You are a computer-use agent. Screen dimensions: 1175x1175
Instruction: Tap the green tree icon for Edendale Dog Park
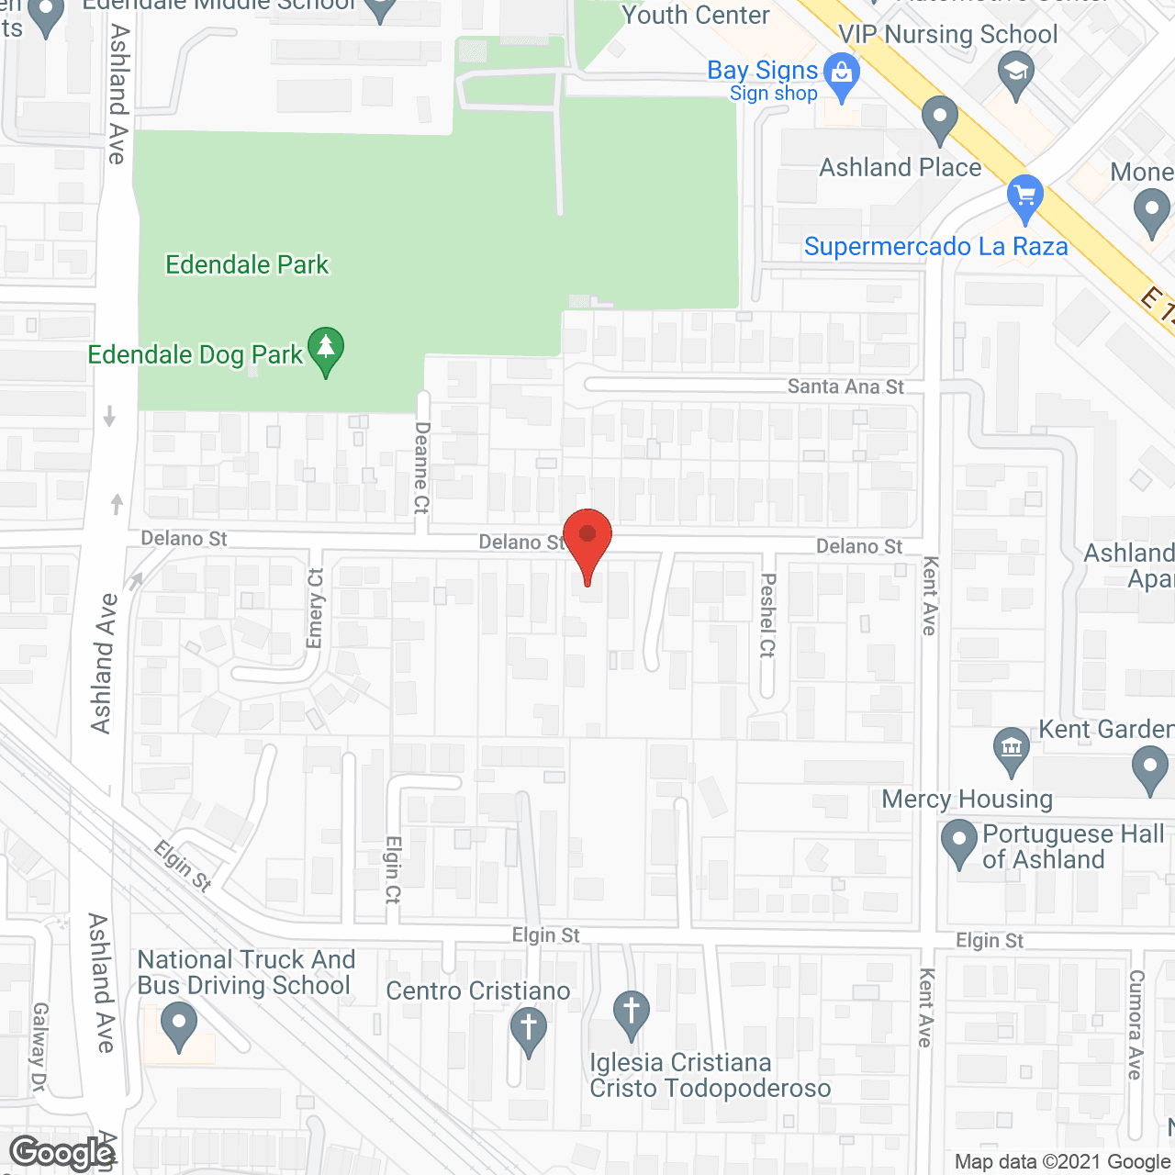coord(325,350)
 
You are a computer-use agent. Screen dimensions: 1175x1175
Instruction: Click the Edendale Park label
coord(247,265)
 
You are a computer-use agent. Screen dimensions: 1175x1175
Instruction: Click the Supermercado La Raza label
coord(935,247)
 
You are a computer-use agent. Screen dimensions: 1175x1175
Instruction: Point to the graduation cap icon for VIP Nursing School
coord(1015,73)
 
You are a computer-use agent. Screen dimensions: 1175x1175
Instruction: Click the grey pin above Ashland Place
coord(939,118)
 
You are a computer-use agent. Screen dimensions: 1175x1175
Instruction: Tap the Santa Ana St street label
coord(845,386)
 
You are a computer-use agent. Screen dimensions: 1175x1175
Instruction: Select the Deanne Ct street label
coord(421,467)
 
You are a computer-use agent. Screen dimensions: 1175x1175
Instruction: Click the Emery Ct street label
coord(316,608)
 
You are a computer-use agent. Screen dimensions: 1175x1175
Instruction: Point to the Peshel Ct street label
coord(768,615)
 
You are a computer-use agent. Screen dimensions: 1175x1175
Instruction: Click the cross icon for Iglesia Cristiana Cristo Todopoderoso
coord(631,1013)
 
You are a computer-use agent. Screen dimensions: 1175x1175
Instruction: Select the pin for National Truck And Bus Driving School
coord(178,1024)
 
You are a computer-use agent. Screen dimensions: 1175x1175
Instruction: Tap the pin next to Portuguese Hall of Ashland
coord(959,843)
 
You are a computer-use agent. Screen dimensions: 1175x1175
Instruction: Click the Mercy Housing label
coord(967,800)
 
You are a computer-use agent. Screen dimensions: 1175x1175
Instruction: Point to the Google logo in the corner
coord(62,1153)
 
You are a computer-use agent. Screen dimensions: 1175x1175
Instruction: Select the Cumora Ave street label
coord(1136,1024)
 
